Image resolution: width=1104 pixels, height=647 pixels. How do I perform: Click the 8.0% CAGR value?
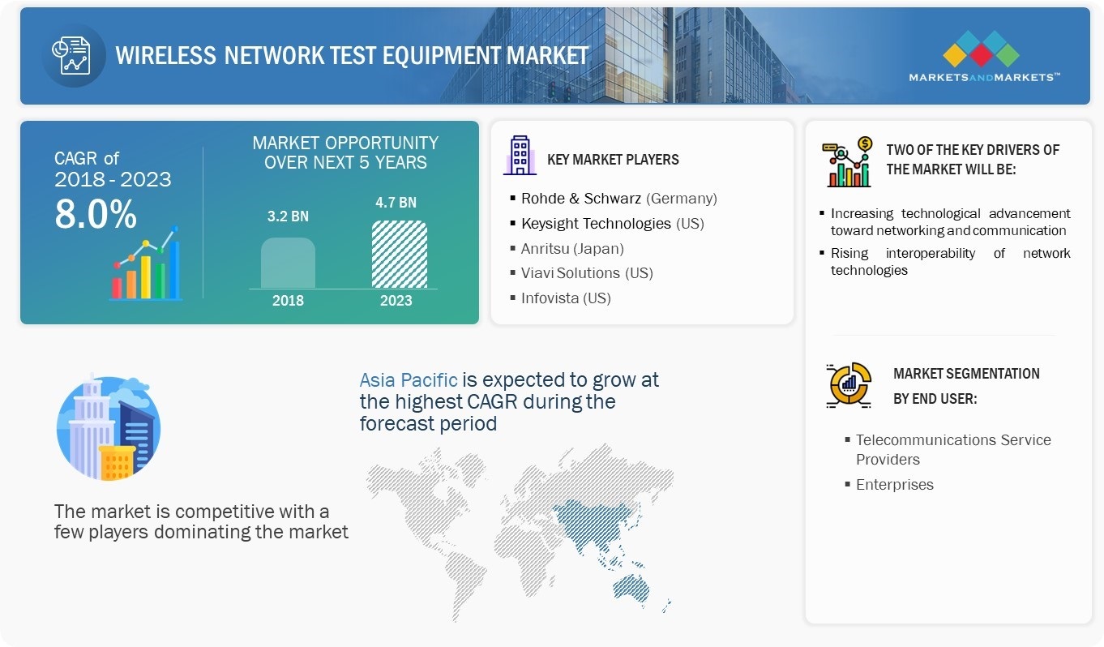[96, 214]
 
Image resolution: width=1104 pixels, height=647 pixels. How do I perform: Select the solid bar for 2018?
[288, 263]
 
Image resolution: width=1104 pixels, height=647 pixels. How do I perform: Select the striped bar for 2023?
[399, 255]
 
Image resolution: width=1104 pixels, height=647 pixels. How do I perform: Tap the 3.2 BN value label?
[288, 216]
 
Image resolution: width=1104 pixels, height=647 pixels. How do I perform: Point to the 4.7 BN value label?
[396, 202]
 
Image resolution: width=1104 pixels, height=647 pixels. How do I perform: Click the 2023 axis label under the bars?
[396, 301]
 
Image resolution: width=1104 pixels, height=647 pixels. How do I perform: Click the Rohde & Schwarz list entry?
[618, 199]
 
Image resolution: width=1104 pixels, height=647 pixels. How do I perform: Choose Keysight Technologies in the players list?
[612, 223]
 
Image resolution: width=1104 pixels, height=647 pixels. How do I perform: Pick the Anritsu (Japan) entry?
[572, 248]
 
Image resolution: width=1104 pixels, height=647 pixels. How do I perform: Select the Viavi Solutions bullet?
[586, 273]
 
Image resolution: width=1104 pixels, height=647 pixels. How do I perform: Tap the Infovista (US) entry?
[566, 298]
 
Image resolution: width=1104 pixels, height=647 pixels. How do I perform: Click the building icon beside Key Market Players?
[519, 156]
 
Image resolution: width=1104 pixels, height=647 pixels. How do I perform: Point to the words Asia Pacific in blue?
[409, 379]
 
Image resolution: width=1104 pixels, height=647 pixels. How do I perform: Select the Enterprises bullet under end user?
[894, 485]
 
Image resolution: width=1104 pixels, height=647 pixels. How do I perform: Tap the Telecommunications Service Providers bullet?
[952, 449]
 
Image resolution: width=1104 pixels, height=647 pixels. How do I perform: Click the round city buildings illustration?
[108, 427]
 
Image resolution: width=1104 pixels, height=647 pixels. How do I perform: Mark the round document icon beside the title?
[73, 55]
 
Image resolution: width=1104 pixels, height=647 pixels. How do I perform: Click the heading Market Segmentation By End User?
[965, 385]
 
